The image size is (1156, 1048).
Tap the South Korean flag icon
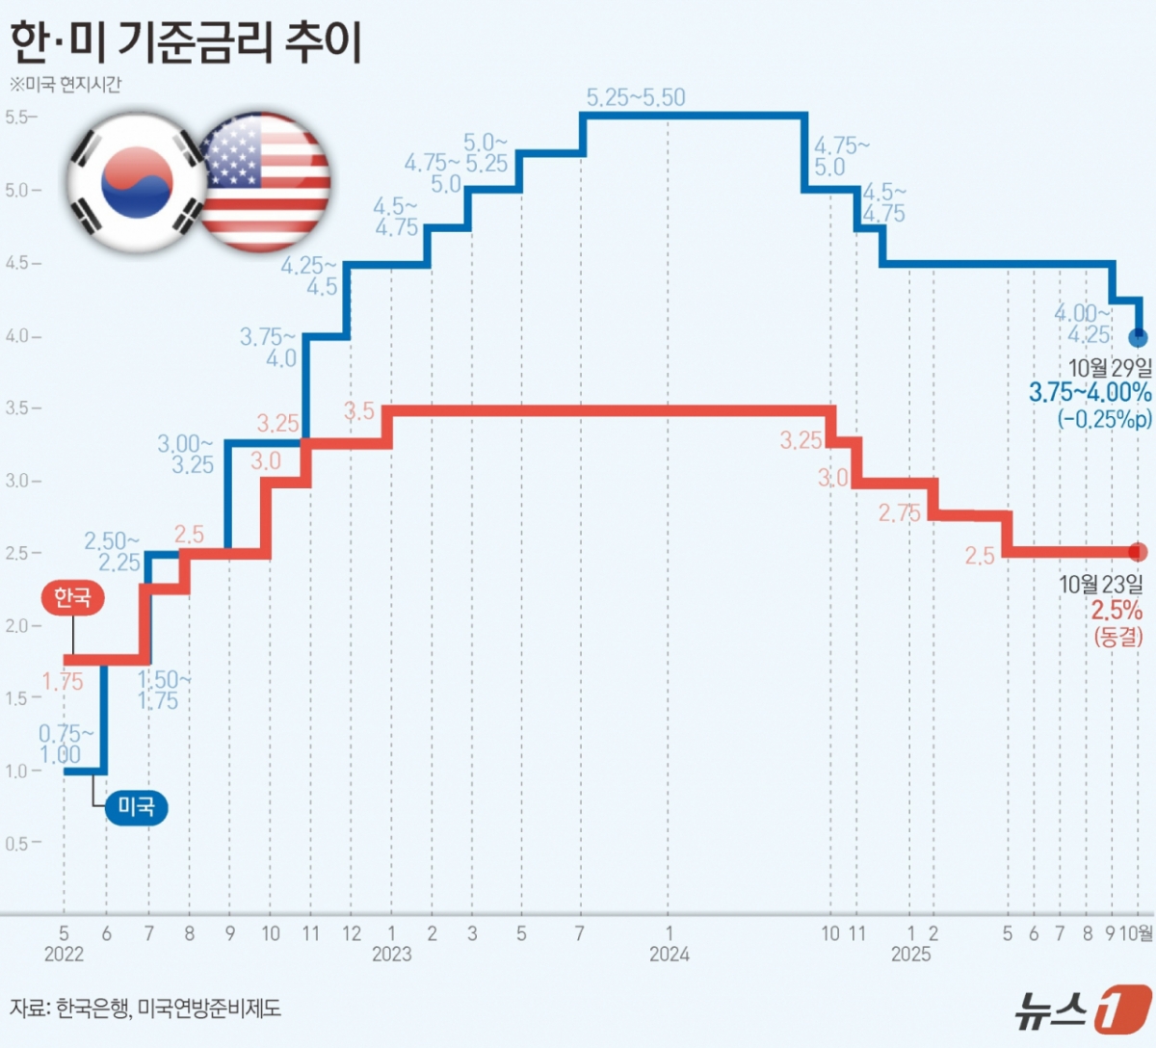[x=136, y=182]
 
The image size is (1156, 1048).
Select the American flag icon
[x=264, y=182]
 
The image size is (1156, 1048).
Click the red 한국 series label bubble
[x=72, y=597]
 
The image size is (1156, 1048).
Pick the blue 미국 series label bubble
[x=136, y=806]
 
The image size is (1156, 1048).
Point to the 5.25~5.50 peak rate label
[x=636, y=97]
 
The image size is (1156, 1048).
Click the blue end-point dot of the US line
[x=1138, y=337]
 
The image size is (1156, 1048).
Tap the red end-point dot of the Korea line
[x=1138, y=552]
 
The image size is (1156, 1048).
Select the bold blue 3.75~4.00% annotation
[x=1090, y=393]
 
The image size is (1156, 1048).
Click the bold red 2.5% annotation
[x=1117, y=611]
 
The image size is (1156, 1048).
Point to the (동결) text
[x=1117, y=637]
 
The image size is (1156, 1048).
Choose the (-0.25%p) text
[x=1104, y=419]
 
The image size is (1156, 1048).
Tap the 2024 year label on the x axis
[x=669, y=954]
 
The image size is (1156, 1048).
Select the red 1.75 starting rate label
[x=63, y=682]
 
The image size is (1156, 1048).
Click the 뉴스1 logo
[x=1082, y=1009]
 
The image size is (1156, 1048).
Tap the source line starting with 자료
[x=145, y=1009]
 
